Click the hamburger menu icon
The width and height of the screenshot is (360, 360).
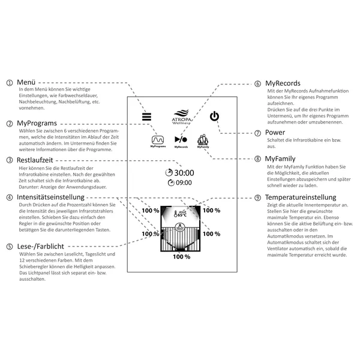click(146, 116)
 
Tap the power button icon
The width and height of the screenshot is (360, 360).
click(214, 116)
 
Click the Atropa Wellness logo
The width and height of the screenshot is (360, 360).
click(181, 117)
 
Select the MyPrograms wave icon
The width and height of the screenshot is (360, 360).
click(158, 140)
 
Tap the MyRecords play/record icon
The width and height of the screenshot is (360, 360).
click(181, 139)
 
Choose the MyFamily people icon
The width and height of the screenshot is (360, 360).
click(203, 140)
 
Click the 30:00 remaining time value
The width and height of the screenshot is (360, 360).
click(184, 173)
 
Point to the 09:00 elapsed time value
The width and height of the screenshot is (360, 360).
click(184, 183)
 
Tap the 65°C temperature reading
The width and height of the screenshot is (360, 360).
click(182, 215)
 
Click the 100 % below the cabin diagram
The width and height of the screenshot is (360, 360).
click(182, 257)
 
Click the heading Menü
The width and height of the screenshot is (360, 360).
click(26, 82)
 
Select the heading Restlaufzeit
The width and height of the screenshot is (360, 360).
click(35, 160)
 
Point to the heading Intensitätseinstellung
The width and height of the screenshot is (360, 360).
click(51, 197)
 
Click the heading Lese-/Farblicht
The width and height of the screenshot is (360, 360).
click(41, 247)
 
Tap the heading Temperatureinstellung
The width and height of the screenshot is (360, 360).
click(301, 197)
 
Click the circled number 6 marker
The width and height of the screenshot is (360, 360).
click(257, 83)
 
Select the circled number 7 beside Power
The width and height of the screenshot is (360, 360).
click(257, 133)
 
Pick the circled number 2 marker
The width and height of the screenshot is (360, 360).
click(10, 124)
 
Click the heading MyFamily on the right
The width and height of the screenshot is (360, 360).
click(280, 158)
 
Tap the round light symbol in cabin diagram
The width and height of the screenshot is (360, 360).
click(179, 227)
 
